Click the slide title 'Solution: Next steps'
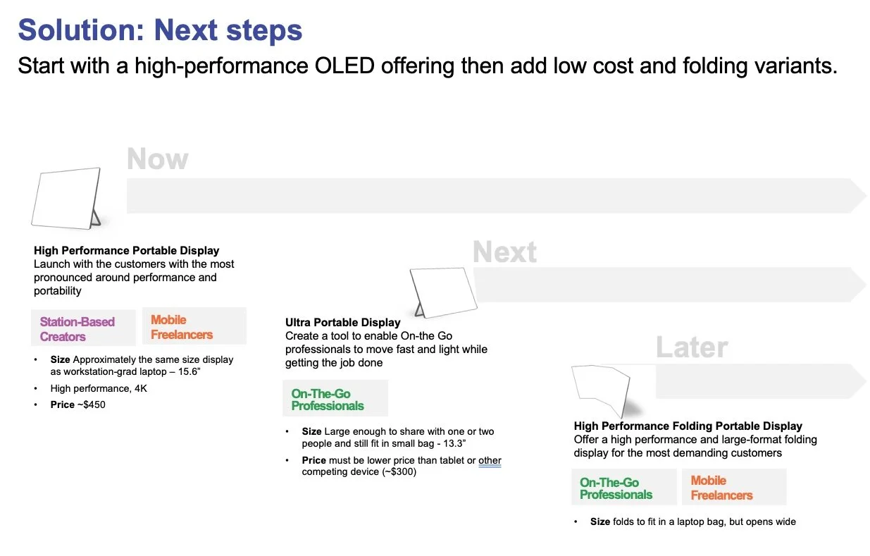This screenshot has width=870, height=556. click(x=160, y=30)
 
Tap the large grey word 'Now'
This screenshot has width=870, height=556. click(x=157, y=159)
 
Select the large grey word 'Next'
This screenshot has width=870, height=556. click(x=504, y=252)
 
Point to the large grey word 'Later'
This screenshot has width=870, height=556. click(x=691, y=347)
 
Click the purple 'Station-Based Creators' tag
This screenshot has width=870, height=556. click(x=77, y=329)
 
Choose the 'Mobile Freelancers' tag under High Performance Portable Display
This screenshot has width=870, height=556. click(x=182, y=327)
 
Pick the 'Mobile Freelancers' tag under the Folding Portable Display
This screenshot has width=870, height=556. click(x=721, y=488)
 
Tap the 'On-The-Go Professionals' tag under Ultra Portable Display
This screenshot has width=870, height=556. click(x=328, y=400)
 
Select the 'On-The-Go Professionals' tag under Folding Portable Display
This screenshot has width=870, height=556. click(x=616, y=488)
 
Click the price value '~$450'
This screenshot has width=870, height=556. click(x=91, y=405)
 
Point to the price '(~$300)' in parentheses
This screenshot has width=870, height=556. click(x=399, y=472)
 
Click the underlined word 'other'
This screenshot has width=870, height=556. click(x=490, y=461)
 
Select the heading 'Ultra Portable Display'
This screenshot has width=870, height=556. click(x=342, y=323)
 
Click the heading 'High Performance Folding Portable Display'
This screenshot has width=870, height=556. click(x=688, y=426)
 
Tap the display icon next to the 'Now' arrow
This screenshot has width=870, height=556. click(x=67, y=198)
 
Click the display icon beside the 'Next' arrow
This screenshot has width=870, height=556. click(x=442, y=292)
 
